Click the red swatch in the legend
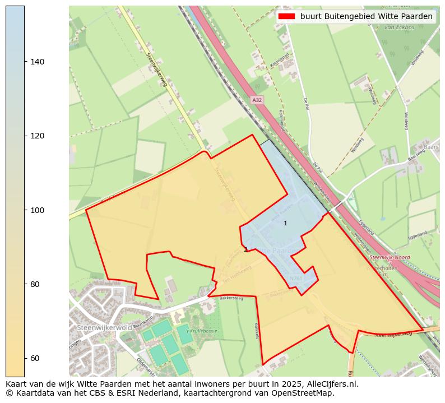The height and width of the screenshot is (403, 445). point(286,16)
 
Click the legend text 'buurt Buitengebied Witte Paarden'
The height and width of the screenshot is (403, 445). point(366,16)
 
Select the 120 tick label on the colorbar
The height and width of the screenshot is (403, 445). point(37,136)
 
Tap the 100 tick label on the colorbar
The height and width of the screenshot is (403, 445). point(37,210)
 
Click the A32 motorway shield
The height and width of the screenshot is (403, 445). point(257,100)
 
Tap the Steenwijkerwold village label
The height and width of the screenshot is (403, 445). point(105,327)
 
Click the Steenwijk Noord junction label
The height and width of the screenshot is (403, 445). point(390,257)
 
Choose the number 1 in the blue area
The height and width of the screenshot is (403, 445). point(285,223)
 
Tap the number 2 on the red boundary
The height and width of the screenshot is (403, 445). point(245,249)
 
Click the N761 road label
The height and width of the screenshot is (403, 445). point(296,279)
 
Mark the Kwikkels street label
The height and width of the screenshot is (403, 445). point(256,330)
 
